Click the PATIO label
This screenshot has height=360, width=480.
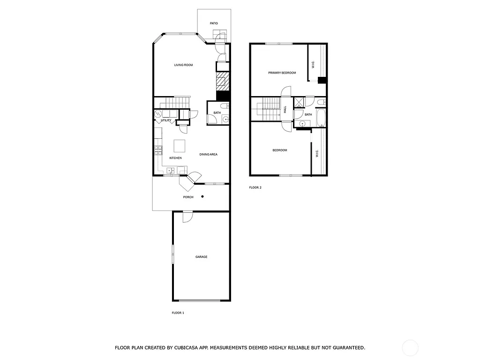pyautogui.click(x=214, y=23)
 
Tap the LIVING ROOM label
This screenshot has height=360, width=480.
pyautogui.click(x=183, y=65)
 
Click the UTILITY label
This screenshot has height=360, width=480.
pyautogui.click(x=166, y=120)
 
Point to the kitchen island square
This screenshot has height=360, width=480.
pyautogui.click(x=180, y=146)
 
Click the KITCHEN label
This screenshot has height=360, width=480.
pyautogui.click(x=175, y=158)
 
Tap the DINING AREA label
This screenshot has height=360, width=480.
pyautogui.click(x=208, y=154)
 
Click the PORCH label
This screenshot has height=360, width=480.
pyautogui.click(x=188, y=197)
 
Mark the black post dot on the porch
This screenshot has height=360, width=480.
pyautogui.click(x=202, y=196)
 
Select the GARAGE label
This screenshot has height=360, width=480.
pyautogui.click(x=201, y=257)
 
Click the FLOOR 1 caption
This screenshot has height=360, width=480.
pyautogui.click(x=178, y=312)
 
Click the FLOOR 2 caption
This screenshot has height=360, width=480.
pyautogui.click(x=255, y=187)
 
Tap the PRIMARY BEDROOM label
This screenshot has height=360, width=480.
pyautogui.click(x=282, y=73)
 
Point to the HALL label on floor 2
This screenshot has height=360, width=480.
pyautogui.click(x=285, y=109)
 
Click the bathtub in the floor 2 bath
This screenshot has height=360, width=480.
pyautogui.click(x=321, y=118)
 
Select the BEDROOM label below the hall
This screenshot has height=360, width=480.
pyautogui.click(x=280, y=150)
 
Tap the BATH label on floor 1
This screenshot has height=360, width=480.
pyautogui.click(x=217, y=112)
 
